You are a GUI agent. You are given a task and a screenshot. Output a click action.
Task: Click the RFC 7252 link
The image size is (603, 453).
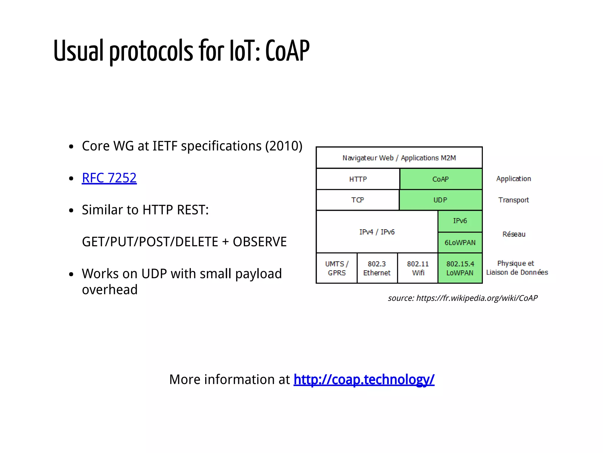(x=109, y=178)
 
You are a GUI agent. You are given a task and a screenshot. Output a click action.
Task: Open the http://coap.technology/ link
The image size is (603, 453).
(x=364, y=379)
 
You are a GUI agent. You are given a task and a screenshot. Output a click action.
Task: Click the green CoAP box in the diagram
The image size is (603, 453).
(x=440, y=179)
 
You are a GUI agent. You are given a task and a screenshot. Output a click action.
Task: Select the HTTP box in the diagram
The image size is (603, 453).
(x=358, y=179)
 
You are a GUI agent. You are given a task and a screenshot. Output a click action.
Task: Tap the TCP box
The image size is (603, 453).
(x=357, y=200)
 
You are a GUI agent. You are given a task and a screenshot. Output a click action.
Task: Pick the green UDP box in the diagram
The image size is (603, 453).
(x=440, y=200)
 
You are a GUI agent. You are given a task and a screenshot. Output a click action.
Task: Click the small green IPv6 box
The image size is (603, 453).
(x=460, y=221)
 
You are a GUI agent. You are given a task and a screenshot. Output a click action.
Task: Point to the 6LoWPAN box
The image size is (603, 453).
(x=460, y=242)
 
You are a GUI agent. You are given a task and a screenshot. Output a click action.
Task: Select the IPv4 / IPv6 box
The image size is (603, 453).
(x=377, y=232)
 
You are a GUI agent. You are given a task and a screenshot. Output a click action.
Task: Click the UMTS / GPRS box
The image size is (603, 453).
(x=337, y=268)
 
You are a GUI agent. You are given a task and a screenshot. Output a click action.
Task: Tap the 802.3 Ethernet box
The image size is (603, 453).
(x=377, y=268)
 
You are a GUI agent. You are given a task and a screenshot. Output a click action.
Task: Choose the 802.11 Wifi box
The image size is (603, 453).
(x=418, y=268)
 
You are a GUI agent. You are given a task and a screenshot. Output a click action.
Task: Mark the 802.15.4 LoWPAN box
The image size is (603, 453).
(x=460, y=268)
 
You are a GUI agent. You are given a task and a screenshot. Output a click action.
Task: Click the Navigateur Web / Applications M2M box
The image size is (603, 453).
(x=399, y=158)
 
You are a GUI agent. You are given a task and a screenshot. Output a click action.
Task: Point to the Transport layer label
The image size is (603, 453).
(x=513, y=200)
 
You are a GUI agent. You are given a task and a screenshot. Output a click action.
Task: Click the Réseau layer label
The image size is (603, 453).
(x=513, y=234)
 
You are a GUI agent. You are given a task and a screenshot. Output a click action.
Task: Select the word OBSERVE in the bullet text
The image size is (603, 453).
(x=259, y=242)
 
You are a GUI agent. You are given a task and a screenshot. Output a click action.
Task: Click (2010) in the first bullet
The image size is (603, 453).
(x=284, y=146)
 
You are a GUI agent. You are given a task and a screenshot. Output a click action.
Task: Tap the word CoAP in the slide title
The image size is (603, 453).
(x=287, y=51)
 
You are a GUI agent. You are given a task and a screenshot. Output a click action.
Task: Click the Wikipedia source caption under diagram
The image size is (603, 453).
(x=462, y=298)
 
